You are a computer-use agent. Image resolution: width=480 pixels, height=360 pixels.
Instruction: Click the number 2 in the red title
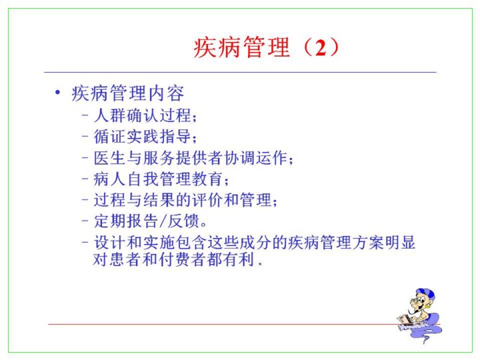(x=321, y=48)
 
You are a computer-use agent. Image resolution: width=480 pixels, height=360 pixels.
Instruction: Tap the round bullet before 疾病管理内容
(x=57, y=92)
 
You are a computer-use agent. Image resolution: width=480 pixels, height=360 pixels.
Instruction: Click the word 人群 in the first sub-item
(x=110, y=115)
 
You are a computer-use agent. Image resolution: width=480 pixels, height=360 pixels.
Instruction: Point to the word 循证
(x=110, y=137)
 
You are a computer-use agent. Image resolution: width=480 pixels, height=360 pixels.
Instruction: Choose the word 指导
(x=175, y=137)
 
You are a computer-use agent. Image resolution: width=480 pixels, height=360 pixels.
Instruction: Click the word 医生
(x=110, y=158)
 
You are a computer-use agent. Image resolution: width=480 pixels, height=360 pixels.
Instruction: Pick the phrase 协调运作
(x=255, y=158)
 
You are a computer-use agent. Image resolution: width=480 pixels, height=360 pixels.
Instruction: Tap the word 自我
(x=143, y=179)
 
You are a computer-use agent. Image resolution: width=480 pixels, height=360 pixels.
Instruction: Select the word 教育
(x=207, y=179)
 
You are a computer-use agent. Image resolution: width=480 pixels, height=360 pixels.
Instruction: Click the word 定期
(x=110, y=221)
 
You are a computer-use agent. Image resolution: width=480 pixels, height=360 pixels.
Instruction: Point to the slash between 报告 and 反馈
(x=163, y=221)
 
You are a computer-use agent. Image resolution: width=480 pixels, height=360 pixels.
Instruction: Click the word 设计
(x=110, y=243)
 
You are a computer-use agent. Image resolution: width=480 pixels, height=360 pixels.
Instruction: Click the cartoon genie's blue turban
(x=426, y=295)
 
